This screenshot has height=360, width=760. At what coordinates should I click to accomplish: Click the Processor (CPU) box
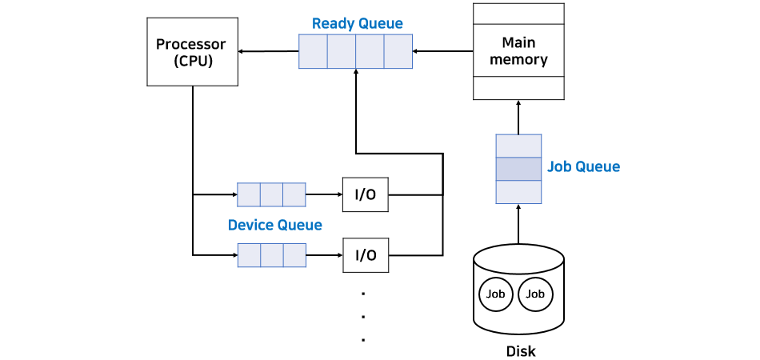pyautogui.click(x=193, y=52)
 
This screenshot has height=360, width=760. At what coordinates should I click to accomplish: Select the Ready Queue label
pyautogui.click(x=357, y=23)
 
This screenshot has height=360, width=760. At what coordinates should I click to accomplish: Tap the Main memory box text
pyautogui.click(x=518, y=50)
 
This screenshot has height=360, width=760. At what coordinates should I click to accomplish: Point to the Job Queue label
pyautogui.click(x=583, y=167)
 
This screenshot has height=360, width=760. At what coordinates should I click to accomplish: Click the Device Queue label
pyautogui.click(x=274, y=225)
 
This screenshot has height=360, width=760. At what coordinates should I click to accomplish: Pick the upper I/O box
pyautogui.click(x=366, y=194)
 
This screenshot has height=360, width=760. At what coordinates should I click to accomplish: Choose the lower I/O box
pyautogui.click(x=366, y=255)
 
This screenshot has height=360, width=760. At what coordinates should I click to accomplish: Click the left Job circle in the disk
pyautogui.click(x=495, y=294)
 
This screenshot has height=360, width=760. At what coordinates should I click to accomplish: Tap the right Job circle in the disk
pyautogui.click(x=535, y=294)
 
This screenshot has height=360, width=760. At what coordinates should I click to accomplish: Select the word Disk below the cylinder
pyautogui.click(x=521, y=351)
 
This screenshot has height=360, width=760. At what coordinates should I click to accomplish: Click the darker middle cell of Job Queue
pyautogui.click(x=518, y=169)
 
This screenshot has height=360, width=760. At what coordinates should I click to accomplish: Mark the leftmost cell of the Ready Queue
pyautogui.click(x=313, y=52)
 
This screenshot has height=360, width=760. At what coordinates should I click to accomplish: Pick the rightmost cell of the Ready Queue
pyautogui.click(x=398, y=52)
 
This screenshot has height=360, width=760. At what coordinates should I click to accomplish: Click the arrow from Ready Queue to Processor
pyautogui.click(x=269, y=52)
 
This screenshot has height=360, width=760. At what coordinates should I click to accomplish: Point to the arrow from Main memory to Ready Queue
pyautogui.click(x=442, y=52)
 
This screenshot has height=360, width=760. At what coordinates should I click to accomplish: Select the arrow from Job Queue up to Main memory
pyautogui.click(x=518, y=117)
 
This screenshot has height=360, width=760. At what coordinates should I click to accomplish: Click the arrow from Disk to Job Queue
pyautogui.click(x=518, y=224)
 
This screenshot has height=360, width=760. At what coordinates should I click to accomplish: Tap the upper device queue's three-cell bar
pyautogui.click(x=271, y=194)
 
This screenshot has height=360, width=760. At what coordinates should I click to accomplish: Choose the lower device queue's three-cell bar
pyautogui.click(x=271, y=255)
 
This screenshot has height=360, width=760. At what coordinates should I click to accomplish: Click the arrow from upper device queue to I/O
pyautogui.click(x=324, y=194)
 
